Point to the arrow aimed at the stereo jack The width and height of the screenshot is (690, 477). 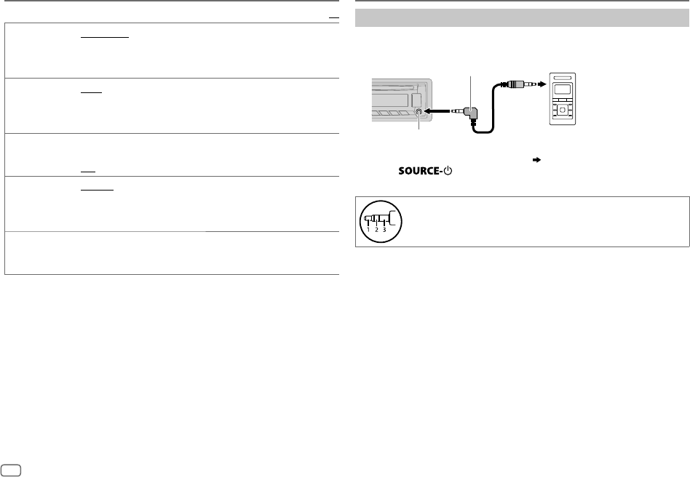click(x=437, y=112)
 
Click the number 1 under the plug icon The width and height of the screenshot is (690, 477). click(x=368, y=230)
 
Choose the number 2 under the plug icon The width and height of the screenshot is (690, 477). click(x=376, y=230)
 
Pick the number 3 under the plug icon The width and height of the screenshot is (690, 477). click(x=384, y=230)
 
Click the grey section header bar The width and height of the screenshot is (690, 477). click(x=521, y=18)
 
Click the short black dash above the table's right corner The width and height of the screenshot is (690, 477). click(x=334, y=15)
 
